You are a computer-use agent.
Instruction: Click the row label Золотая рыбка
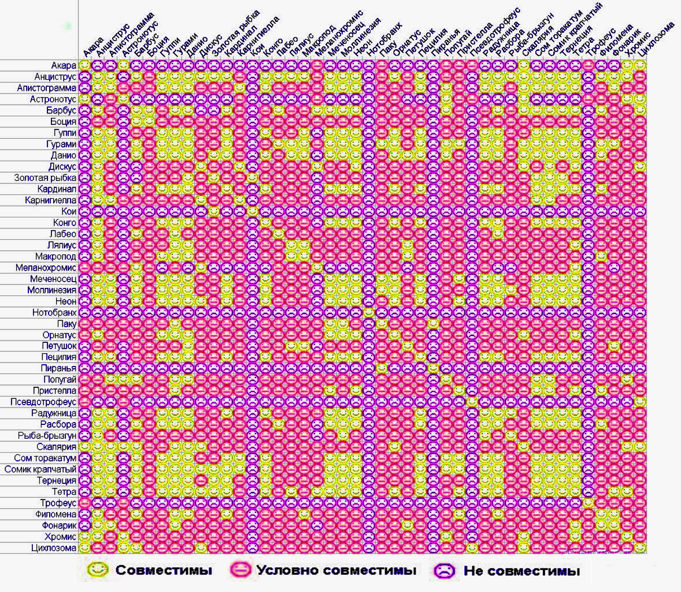pyautogui.click(x=45, y=178)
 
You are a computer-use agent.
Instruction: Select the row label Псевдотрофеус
pyautogui.click(x=43, y=402)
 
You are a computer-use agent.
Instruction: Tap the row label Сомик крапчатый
pyautogui.click(x=40, y=469)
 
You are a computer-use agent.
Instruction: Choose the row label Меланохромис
pyautogui.click(x=46, y=268)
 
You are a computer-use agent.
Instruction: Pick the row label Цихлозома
pyautogui.click(x=54, y=548)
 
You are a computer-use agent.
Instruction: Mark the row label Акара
pyautogui.click(x=63, y=66)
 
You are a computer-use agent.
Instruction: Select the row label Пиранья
pyautogui.click(x=58, y=368)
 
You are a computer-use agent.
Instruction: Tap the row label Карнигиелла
pyautogui.click(x=50, y=201)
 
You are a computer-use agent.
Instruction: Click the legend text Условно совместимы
pyautogui.click(x=336, y=571)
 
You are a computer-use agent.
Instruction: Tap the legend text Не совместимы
pyautogui.click(x=521, y=571)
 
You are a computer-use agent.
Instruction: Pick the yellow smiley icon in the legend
pyautogui.click(x=98, y=570)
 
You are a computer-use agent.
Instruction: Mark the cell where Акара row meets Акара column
pyautogui.click(x=84, y=66)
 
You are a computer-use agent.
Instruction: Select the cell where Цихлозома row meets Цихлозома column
pyautogui.click(x=640, y=548)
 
